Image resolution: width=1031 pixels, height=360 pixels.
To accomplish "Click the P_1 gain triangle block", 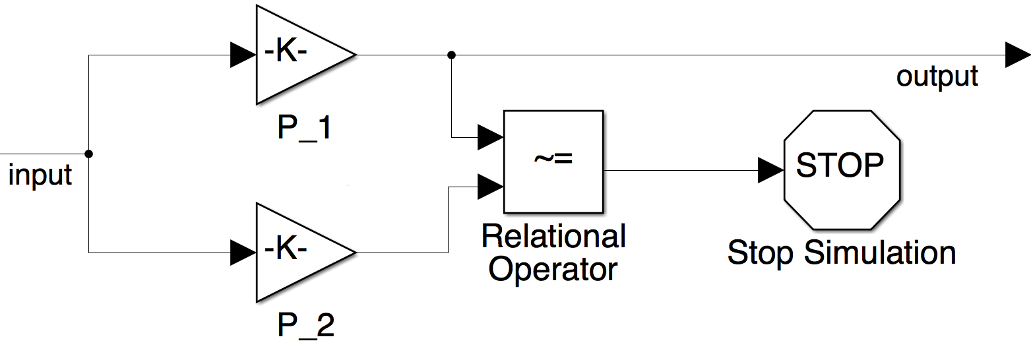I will coord(297,55).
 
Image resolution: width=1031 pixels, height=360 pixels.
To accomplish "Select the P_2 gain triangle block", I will coord(297,253).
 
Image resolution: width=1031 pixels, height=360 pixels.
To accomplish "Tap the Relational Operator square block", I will coord(553,162).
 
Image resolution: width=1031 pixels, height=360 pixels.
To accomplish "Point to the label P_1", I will coord(305,128).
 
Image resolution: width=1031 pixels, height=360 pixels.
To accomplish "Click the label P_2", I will coord(305,326).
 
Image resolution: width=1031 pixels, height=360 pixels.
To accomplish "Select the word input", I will coord(40,176).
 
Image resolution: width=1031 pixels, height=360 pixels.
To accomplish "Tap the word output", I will coord(937,77).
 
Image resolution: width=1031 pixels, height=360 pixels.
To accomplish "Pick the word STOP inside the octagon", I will coord(840,165).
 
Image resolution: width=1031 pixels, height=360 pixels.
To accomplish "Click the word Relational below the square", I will coord(553,236).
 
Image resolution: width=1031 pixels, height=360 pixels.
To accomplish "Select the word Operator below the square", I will coord(553,269).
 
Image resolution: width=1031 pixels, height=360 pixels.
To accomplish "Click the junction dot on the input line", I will coord(89,154).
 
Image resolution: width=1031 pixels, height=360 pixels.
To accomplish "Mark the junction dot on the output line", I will coord(451,55).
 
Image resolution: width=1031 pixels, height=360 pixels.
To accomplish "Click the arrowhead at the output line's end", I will coord(1016,55).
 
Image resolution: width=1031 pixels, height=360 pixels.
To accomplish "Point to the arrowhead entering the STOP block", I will coord(770,170).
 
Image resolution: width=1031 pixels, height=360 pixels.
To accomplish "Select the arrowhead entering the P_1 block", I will coord(242,55).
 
